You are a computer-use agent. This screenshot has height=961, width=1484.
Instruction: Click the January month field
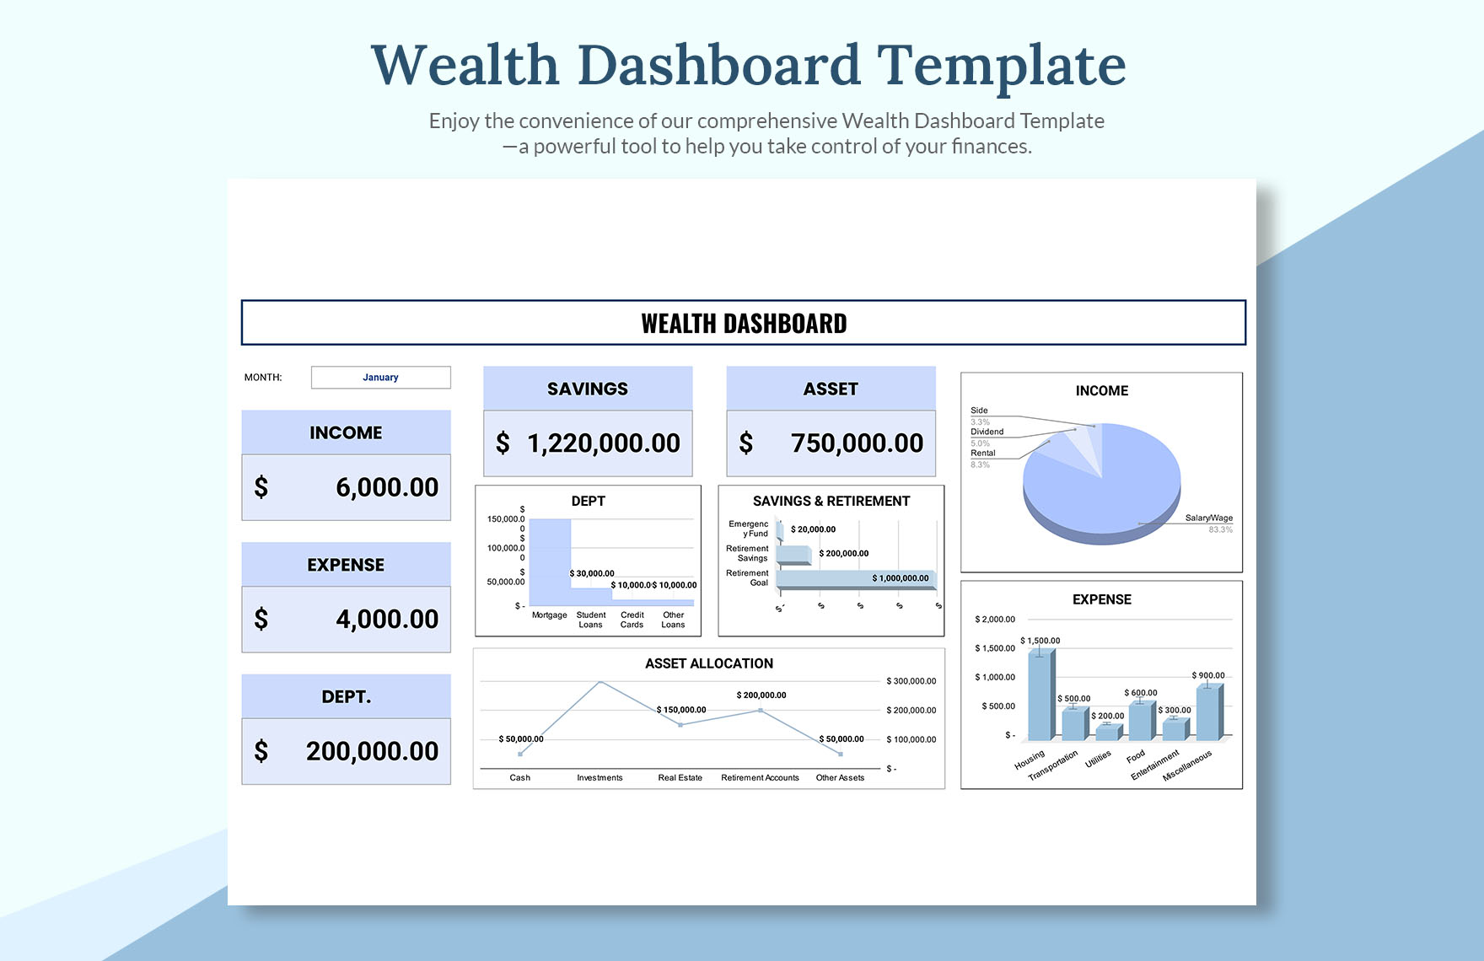click(380, 378)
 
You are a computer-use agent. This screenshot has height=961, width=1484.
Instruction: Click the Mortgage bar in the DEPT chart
click(550, 561)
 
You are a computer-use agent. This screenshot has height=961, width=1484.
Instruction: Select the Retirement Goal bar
click(855, 579)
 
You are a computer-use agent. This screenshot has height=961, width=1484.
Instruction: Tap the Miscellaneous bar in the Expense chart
click(1207, 713)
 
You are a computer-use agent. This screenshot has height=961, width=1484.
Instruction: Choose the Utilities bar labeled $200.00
click(1107, 733)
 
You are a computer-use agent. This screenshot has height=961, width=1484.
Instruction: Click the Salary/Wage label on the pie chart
click(1208, 518)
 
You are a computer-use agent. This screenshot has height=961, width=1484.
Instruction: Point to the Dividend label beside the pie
click(987, 432)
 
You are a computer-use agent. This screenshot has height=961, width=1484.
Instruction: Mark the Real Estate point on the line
click(680, 725)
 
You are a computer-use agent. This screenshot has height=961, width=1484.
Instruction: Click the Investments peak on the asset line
click(600, 681)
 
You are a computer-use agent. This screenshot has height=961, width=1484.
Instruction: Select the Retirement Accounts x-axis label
click(760, 778)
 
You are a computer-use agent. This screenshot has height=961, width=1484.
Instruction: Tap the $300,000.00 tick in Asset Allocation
click(911, 681)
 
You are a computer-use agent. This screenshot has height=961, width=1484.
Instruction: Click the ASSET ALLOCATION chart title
click(709, 663)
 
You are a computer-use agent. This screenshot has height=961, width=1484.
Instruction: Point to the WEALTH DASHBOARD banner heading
click(744, 324)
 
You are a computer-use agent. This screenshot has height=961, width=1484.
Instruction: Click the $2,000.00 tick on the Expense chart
click(995, 620)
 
